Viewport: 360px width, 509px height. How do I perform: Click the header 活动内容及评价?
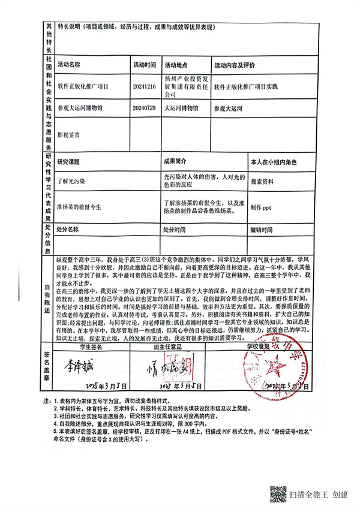click(235, 64)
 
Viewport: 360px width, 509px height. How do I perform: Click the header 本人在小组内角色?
click(274, 162)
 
